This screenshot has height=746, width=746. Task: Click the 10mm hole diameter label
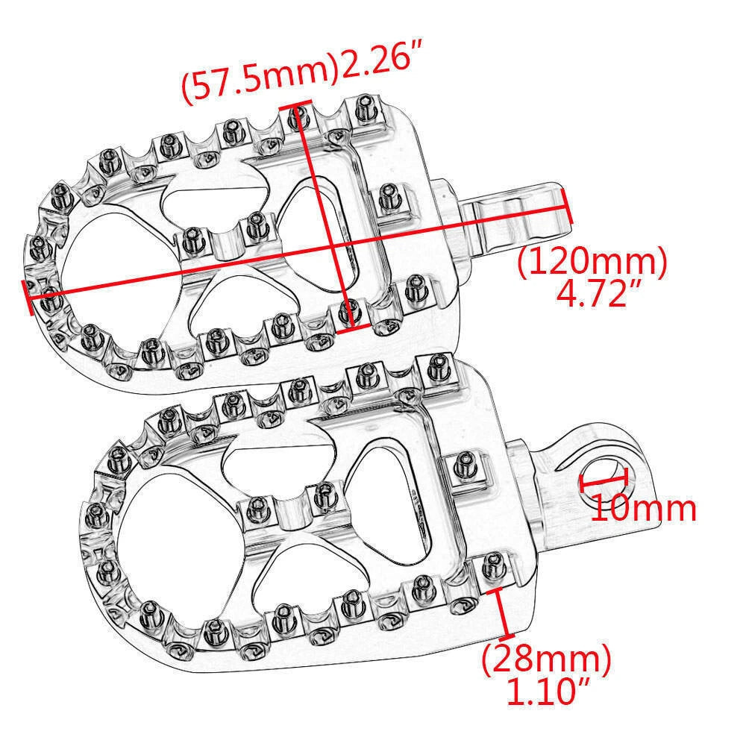[x=643, y=508]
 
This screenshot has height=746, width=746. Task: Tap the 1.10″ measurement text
[x=548, y=693]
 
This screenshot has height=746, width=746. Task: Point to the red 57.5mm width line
[x=322, y=216]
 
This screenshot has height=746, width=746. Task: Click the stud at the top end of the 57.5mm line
[x=299, y=114]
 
